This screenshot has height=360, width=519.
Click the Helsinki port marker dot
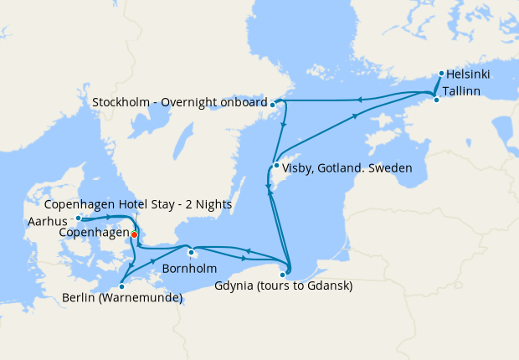point(440,74)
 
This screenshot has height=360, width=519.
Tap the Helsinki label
point(469,75)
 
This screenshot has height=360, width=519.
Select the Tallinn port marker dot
point(435,100)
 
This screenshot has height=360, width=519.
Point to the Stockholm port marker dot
point(274,104)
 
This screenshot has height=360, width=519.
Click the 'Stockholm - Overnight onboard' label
point(179,103)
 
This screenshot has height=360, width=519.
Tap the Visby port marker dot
point(276,165)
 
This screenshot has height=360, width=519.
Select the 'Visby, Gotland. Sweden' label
point(347,167)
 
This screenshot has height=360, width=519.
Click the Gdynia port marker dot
point(283,274)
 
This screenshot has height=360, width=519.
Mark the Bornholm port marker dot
point(191,253)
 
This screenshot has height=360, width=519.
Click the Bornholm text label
point(189,269)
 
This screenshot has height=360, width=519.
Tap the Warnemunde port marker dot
point(121,286)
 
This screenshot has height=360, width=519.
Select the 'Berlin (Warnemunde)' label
point(122,297)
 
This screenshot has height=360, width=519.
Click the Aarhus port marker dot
point(78,219)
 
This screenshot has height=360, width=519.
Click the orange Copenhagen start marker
point(134,234)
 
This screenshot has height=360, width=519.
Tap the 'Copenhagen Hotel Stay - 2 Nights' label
point(138,204)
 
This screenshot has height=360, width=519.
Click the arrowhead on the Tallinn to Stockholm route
point(358,100)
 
